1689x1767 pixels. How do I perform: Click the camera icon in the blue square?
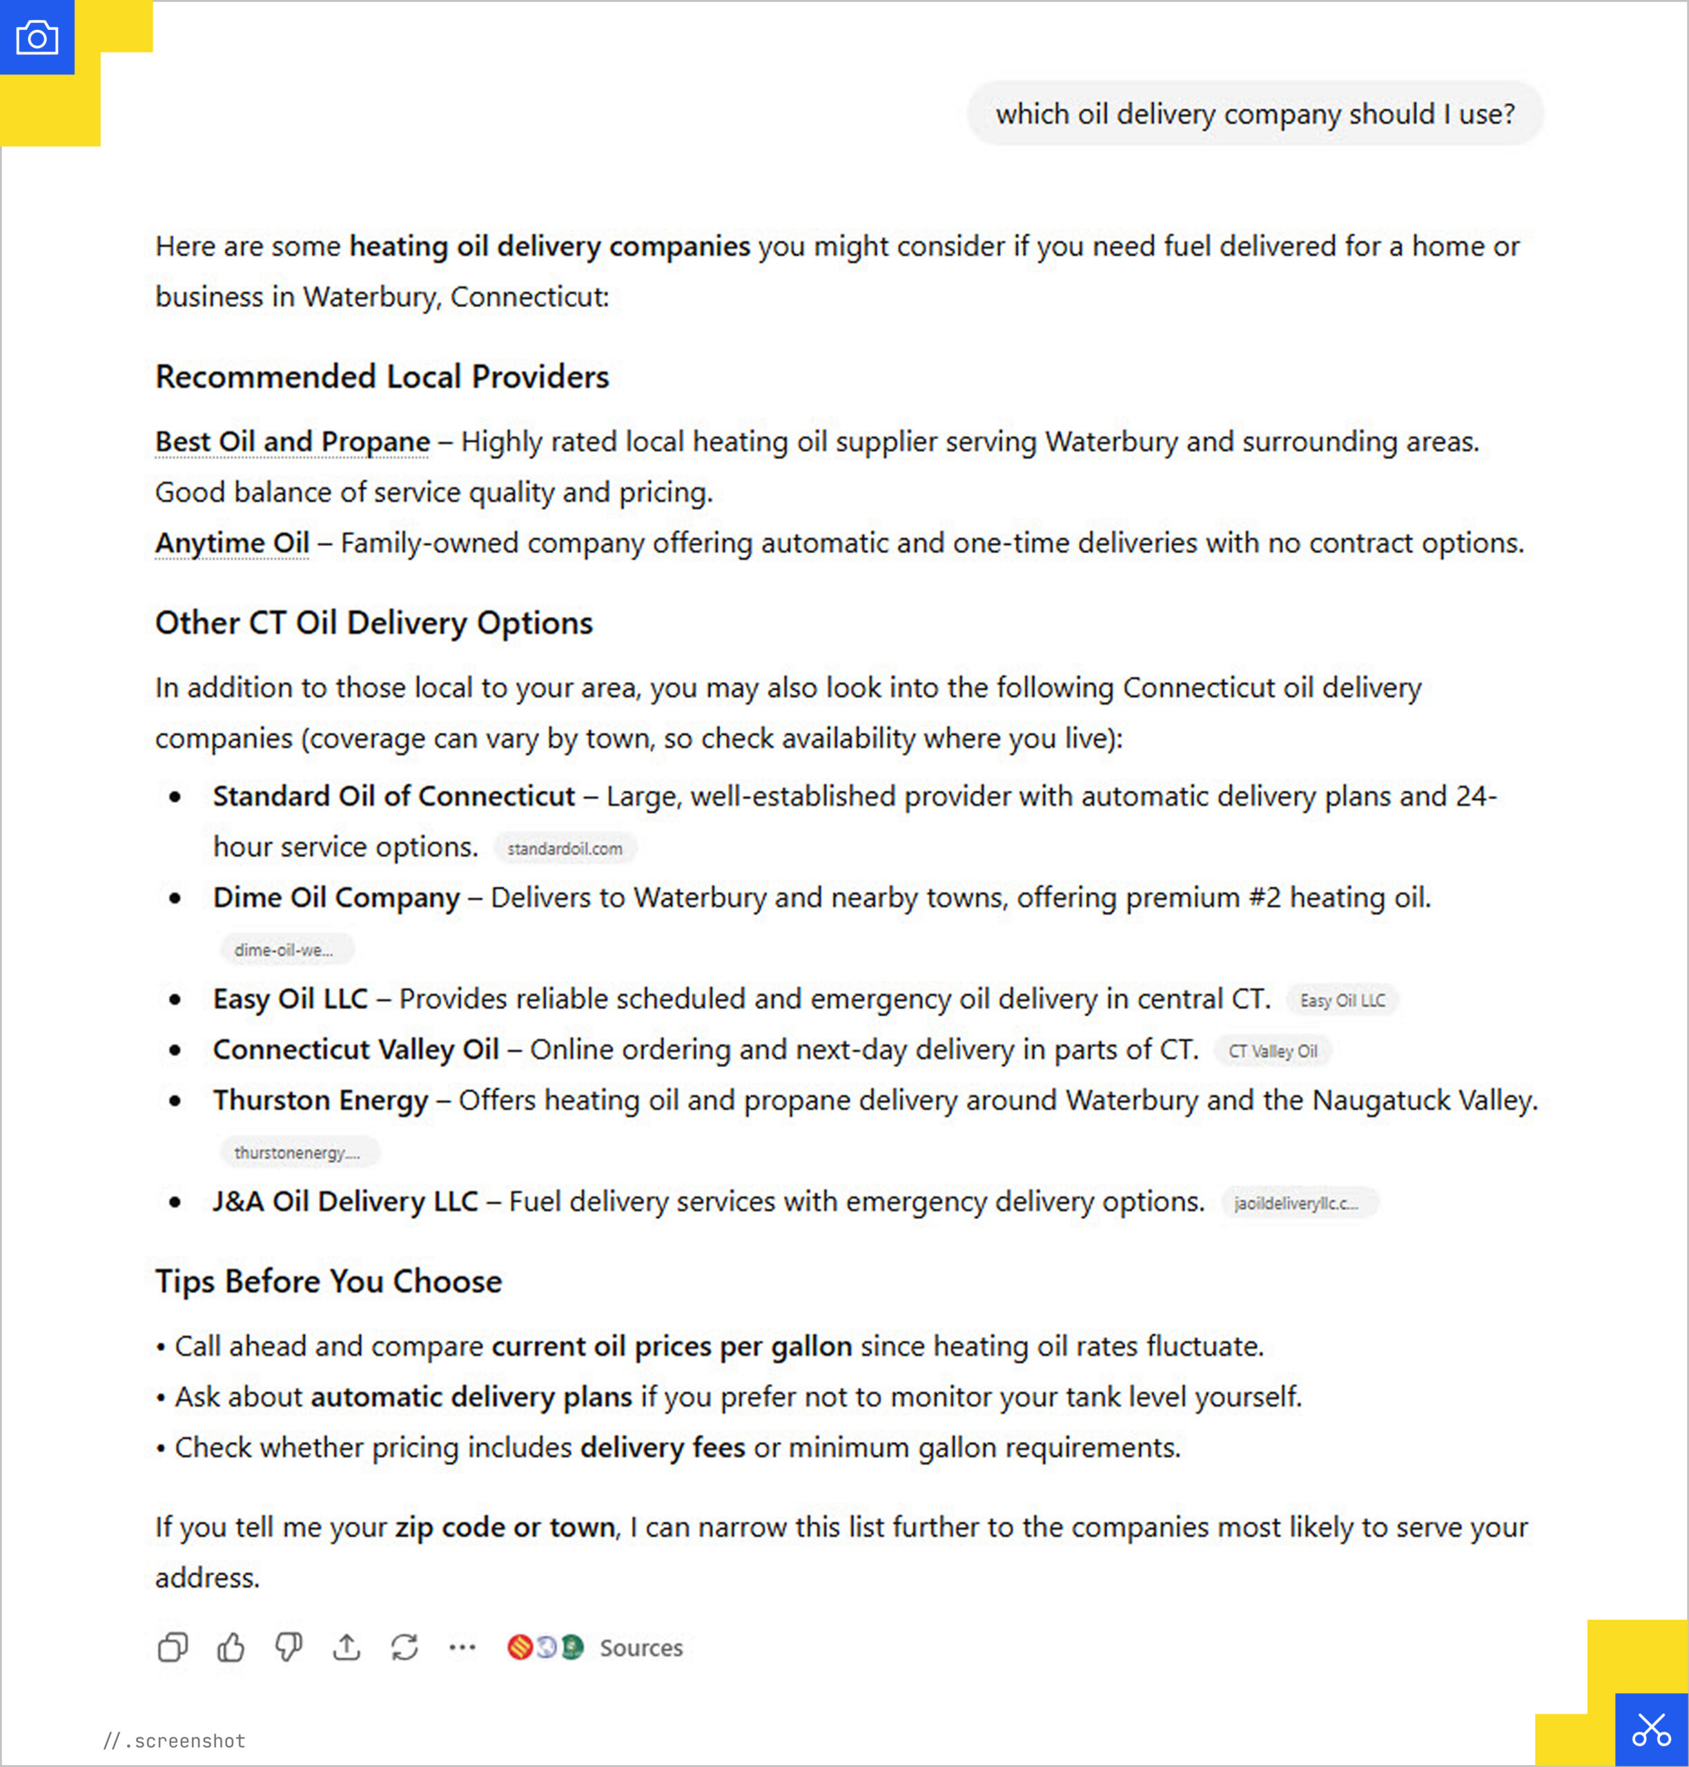click(x=37, y=38)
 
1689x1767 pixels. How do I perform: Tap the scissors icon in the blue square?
click(x=1651, y=1729)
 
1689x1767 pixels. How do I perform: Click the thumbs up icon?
click(x=231, y=1648)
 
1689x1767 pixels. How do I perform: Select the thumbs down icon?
click(x=288, y=1648)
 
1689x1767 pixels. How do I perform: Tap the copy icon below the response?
click(x=172, y=1648)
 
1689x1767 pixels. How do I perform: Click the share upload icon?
click(x=346, y=1648)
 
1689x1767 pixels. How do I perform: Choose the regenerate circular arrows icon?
click(x=404, y=1648)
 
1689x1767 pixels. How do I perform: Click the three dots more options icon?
click(x=462, y=1648)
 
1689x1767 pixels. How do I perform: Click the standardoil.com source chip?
click(x=565, y=848)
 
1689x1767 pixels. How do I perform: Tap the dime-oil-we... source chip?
click(x=284, y=950)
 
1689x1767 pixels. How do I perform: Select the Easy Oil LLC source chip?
click(x=1343, y=1000)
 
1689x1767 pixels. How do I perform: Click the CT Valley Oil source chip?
click(x=1273, y=1051)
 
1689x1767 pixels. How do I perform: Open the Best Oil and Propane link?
click(x=293, y=442)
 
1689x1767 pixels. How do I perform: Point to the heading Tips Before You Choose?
click(x=329, y=1281)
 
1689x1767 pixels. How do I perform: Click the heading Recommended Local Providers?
click(x=382, y=376)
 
